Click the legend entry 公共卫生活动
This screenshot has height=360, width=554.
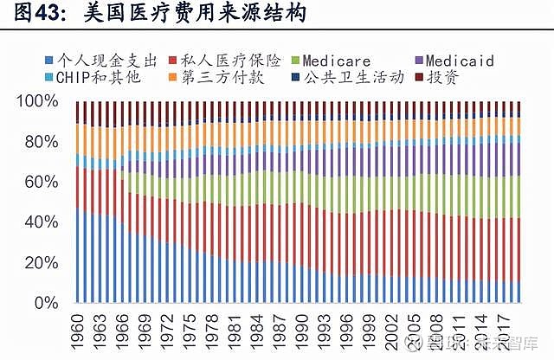pos(355,78)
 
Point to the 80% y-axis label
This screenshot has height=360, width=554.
pos(40,142)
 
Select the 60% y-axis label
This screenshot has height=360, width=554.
pos(40,183)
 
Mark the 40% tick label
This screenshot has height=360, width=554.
pos(40,222)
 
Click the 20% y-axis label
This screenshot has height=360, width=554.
pos(40,263)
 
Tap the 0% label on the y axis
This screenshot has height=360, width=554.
pos(44,304)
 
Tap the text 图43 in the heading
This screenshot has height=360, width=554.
pos(25,14)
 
